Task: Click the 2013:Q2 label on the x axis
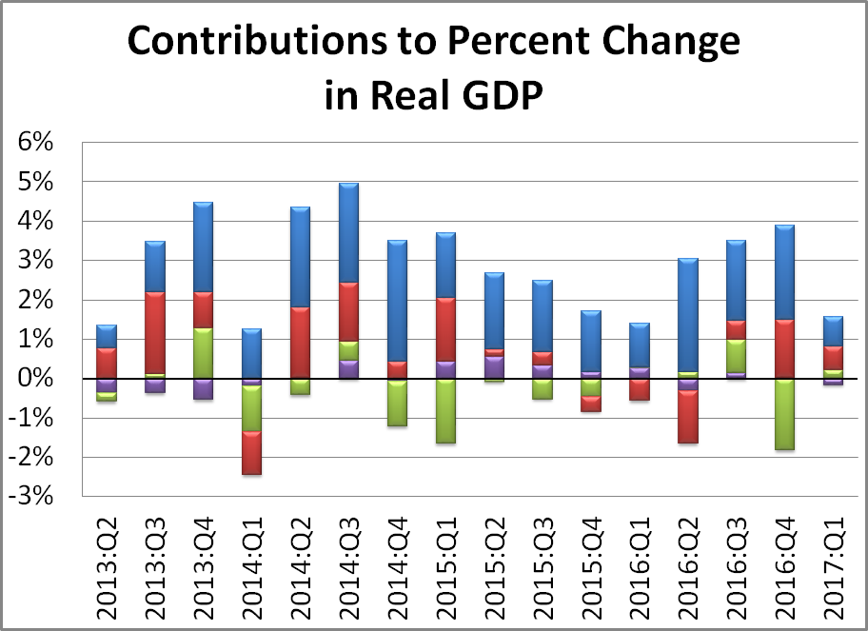(107, 562)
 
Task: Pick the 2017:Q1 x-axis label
(835, 562)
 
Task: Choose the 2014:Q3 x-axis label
(349, 562)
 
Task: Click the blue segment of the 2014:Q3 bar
(349, 233)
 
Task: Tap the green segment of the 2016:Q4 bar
(786, 414)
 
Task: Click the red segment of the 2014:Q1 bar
(252, 452)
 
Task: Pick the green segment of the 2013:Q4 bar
(204, 353)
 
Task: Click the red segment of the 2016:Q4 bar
(786, 348)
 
